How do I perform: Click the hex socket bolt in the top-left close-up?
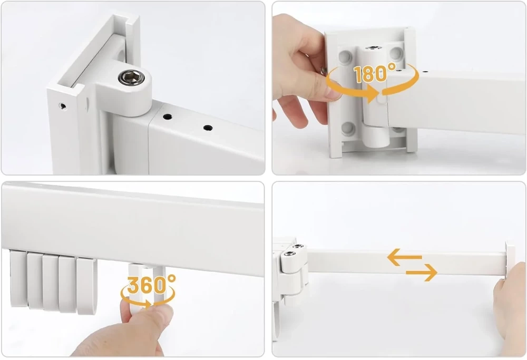pos(131,77)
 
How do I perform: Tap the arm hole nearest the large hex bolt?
pos(167,117)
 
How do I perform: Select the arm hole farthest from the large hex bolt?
pos(208,128)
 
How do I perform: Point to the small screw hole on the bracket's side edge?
pos(62,106)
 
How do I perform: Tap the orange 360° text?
pos(151,285)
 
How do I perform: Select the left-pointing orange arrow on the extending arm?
pos(404,257)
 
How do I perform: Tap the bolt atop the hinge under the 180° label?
pos(372,48)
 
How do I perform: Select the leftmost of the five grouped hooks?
pos(18,279)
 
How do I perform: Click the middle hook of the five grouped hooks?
pos(51,283)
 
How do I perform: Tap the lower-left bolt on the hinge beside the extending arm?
pos(289,254)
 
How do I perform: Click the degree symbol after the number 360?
pos(171,278)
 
